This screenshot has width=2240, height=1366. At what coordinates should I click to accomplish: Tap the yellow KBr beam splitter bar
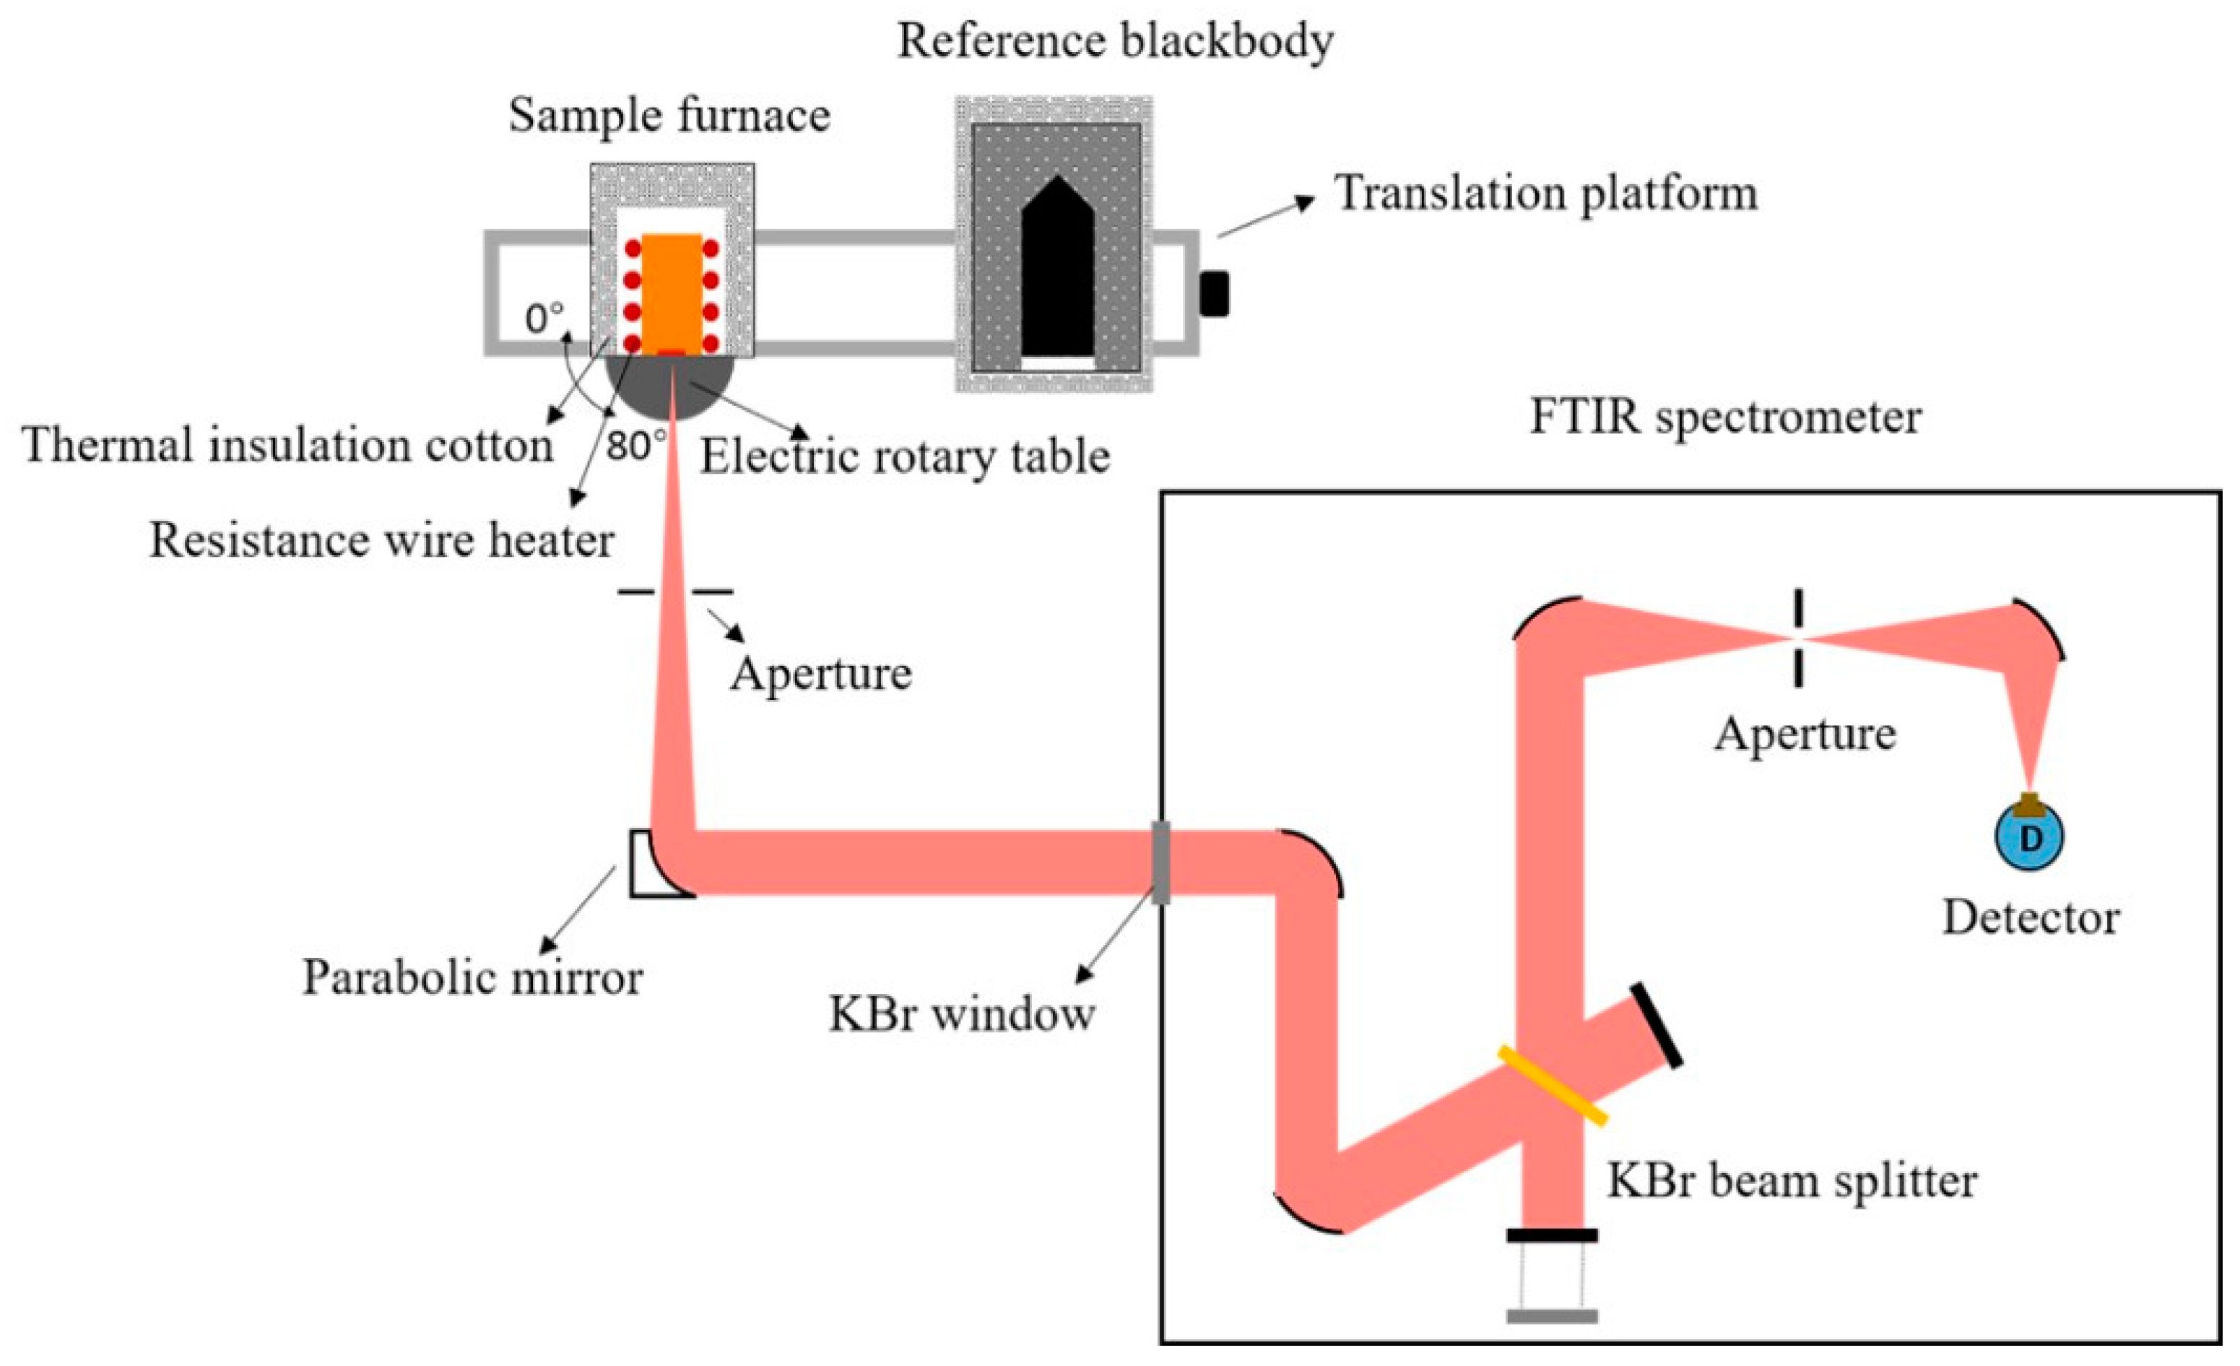click(x=1552, y=1085)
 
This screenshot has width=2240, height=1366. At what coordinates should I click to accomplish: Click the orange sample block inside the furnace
click(x=672, y=293)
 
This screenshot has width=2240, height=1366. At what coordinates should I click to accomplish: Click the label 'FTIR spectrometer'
click(x=1724, y=418)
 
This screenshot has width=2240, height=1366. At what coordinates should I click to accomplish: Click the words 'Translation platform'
click(x=1545, y=194)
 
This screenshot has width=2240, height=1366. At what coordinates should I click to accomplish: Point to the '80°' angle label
click(x=635, y=446)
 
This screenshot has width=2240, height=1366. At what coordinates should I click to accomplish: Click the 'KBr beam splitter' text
click(x=1791, y=1181)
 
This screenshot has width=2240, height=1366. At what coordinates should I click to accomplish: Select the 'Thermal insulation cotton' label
click(x=287, y=446)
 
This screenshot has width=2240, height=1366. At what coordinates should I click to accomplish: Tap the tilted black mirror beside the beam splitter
click(x=1656, y=1025)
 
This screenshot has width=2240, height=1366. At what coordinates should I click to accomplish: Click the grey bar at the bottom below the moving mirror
click(x=1551, y=1316)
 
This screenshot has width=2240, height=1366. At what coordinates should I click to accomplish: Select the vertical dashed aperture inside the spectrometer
click(x=1797, y=638)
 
